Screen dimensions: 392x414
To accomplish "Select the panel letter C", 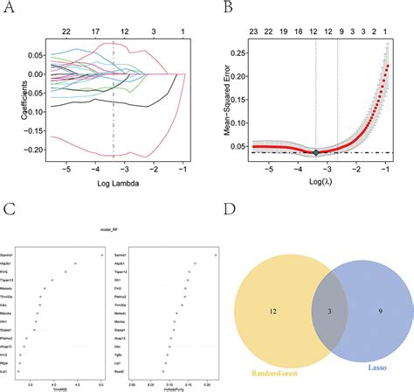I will coord(8,211).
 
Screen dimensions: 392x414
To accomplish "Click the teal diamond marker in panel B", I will coord(317,152).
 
